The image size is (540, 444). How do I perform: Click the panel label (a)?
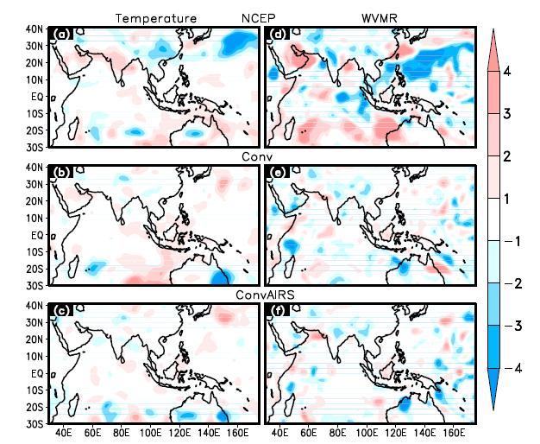click(x=62, y=35)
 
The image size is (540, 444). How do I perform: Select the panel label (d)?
click(x=278, y=35)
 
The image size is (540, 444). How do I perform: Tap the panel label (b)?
click(x=62, y=172)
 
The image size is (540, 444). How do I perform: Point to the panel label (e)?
click(x=278, y=172)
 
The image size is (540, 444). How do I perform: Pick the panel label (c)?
click(x=62, y=311)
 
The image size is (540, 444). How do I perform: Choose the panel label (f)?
click(x=278, y=311)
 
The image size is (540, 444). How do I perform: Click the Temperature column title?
click(x=156, y=18)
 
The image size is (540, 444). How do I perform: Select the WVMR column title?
click(x=380, y=18)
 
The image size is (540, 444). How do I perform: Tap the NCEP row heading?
click(x=258, y=18)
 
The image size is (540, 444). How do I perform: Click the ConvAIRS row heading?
click(x=265, y=295)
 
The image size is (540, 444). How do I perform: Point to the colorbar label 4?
click(x=507, y=72)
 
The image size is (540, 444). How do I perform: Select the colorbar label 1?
click(x=506, y=199)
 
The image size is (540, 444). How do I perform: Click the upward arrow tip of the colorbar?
click(x=493, y=29)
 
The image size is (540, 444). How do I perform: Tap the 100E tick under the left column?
click(x=150, y=433)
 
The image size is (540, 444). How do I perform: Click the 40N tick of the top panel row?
click(x=35, y=29)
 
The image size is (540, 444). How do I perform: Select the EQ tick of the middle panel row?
click(x=38, y=236)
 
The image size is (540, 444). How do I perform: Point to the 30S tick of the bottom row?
click(x=35, y=423)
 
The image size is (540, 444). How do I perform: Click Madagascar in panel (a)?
click(x=73, y=129)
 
